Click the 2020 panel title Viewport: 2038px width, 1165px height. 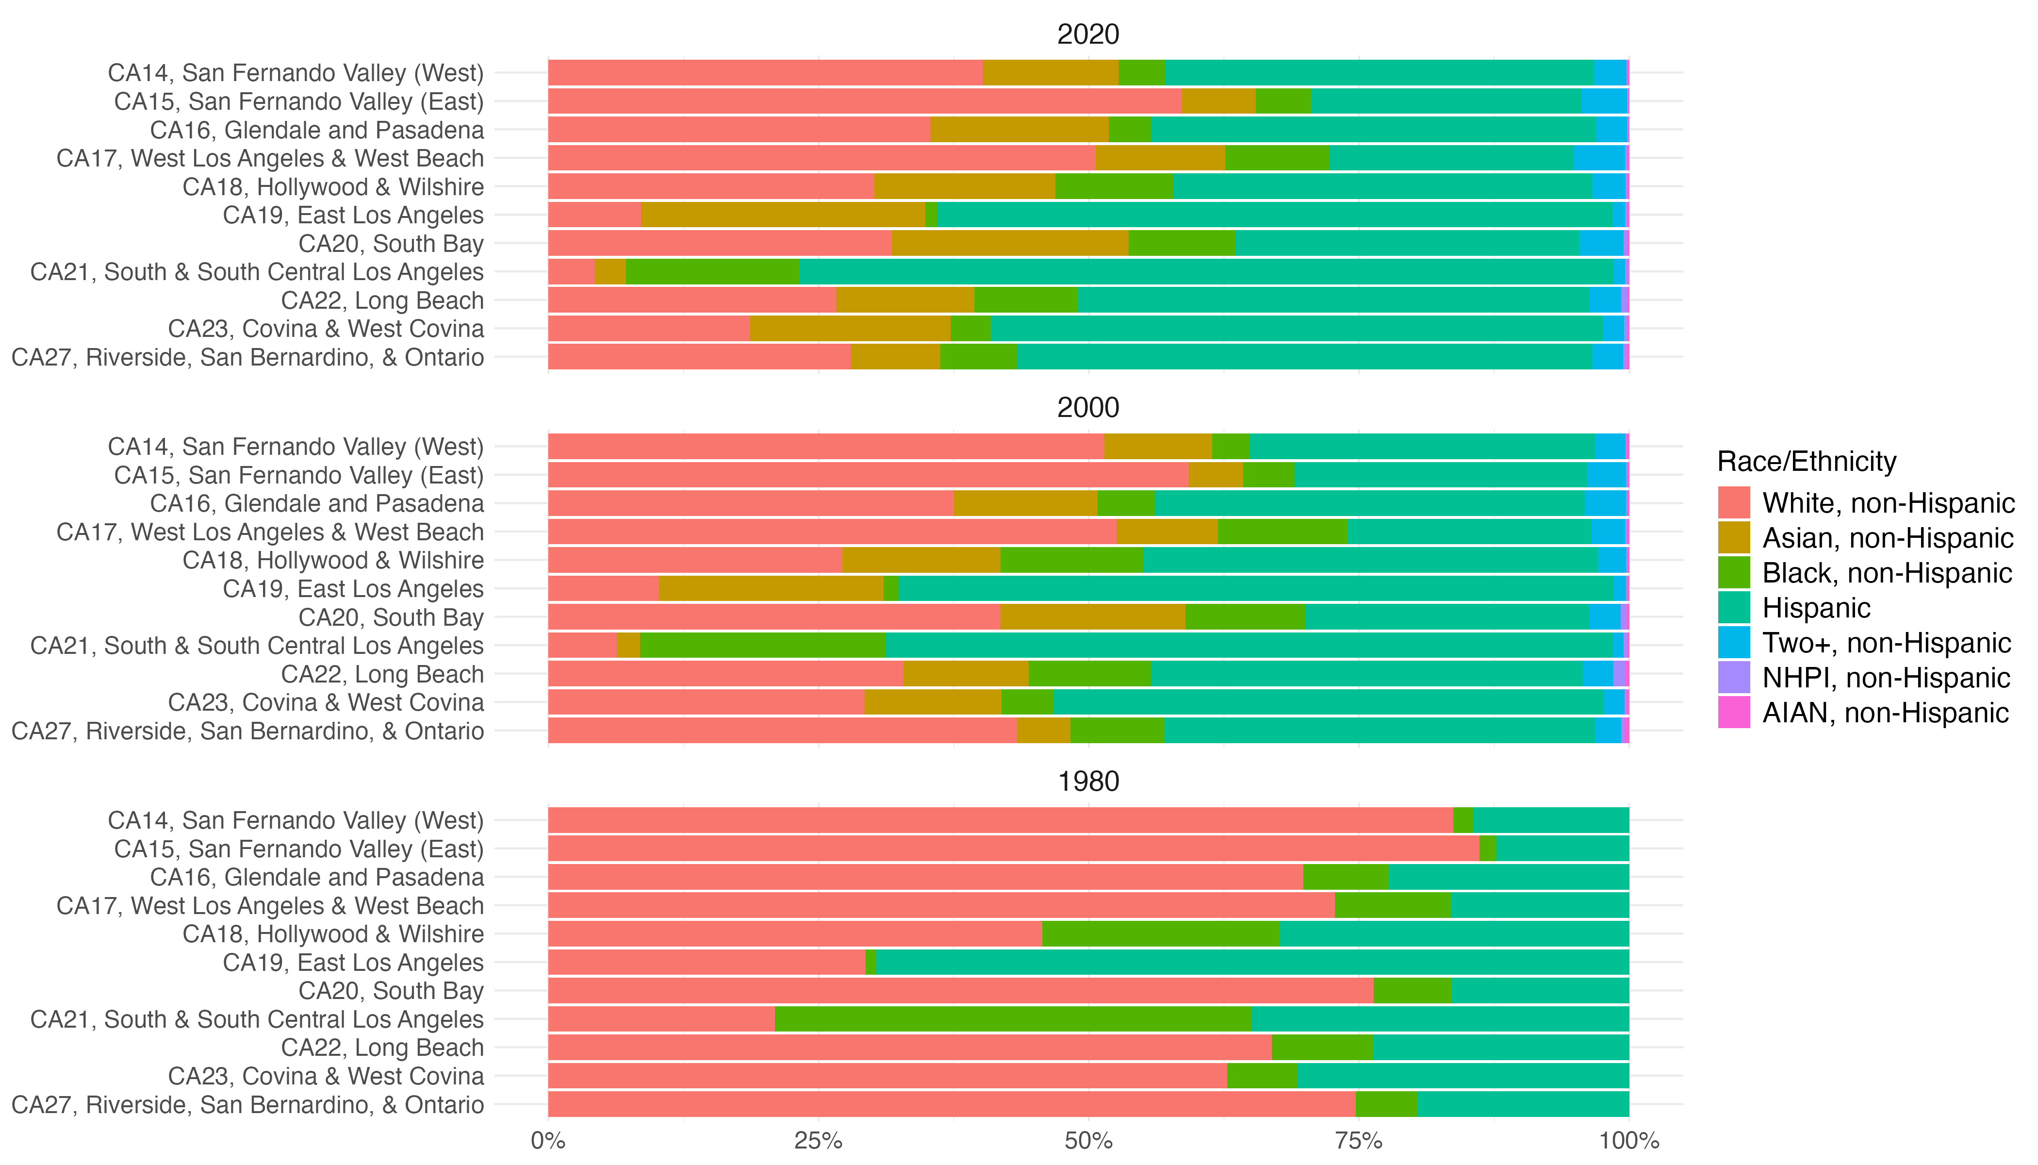[x=1088, y=34]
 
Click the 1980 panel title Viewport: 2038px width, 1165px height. [x=1088, y=782]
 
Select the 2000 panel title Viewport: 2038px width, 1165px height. [x=1088, y=408]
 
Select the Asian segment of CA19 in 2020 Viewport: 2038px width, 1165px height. [x=783, y=215]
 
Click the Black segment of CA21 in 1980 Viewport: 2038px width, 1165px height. [x=1013, y=1019]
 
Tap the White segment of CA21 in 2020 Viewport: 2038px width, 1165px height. [x=571, y=272]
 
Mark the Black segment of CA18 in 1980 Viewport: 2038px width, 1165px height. [x=1161, y=934]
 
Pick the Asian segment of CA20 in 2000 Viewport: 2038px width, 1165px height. [x=1093, y=618]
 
